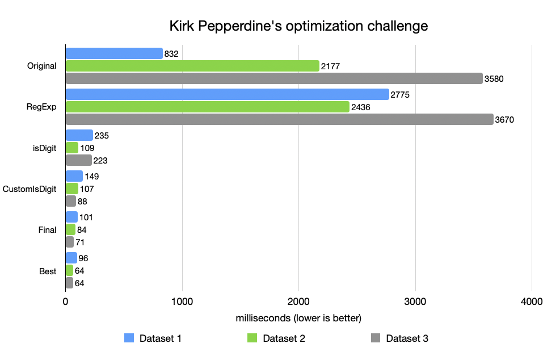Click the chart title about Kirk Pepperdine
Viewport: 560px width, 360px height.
tap(298, 26)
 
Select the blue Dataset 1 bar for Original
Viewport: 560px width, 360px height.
tap(114, 53)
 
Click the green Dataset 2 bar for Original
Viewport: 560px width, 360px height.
tap(192, 66)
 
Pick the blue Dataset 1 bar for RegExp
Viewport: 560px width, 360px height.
tap(227, 94)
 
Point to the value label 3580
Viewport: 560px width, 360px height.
tap(494, 79)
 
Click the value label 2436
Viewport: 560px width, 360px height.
tap(361, 107)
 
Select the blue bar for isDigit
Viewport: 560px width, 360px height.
tap(79, 135)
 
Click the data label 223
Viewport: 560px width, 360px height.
tap(100, 161)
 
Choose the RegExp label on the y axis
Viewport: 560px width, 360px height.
tap(41, 107)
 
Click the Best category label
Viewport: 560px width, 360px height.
tap(48, 271)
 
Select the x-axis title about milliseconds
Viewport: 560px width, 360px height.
tap(298, 317)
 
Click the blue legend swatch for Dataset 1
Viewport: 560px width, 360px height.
tap(129, 338)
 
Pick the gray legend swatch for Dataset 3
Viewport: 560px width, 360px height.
tap(375, 338)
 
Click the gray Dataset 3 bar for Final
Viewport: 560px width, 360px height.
tap(70, 242)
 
